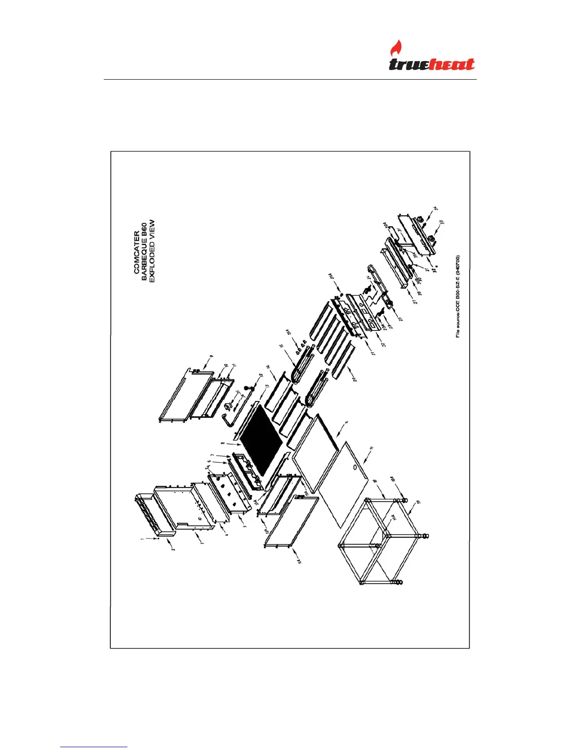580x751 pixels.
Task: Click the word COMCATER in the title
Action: pos(136,252)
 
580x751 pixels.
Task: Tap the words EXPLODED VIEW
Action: pos(152,251)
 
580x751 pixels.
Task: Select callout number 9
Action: pos(211,356)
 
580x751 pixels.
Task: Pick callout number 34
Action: pos(436,208)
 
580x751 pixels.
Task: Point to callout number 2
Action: pos(173,549)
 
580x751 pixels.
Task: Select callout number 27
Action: pos(415,302)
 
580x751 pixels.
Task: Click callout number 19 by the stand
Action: pos(418,502)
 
